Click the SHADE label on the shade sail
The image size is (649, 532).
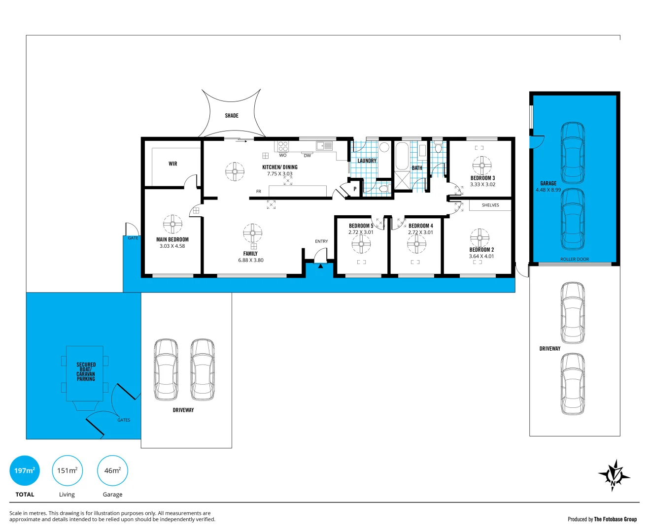click(232, 116)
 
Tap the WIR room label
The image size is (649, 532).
click(173, 164)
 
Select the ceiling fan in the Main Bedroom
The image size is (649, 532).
click(172, 224)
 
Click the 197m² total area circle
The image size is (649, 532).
click(25, 470)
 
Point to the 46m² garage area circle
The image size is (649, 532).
click(112, 470)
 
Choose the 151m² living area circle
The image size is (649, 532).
click(67, 470)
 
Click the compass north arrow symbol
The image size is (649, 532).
click(614, 475)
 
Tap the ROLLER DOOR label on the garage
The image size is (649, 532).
click(575, 259)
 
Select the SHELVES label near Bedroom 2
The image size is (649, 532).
click(490, 205)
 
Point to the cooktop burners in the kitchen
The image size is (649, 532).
click(283, 146)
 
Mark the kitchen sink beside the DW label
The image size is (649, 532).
click(324, 146)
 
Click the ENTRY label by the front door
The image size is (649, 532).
click(321, 241)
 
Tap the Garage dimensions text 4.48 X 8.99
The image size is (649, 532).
click(548, 190)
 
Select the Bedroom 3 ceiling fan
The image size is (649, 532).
click(481, 166)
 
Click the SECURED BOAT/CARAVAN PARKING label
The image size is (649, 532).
click(86, 372)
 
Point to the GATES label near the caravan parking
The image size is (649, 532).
click(124, 420)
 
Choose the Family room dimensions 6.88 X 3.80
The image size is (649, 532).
click(251, 260)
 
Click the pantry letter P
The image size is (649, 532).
click(355, 189)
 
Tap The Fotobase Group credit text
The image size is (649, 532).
click(615, 519)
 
